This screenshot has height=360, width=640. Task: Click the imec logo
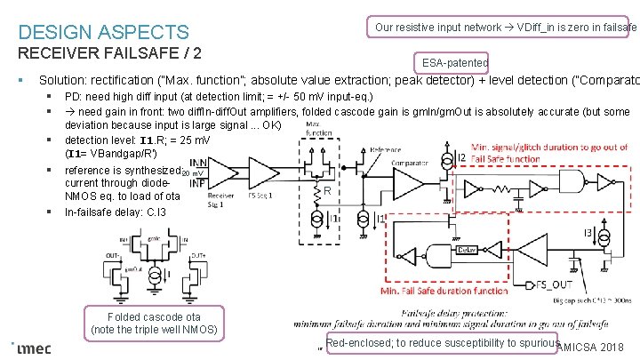click(33, 348)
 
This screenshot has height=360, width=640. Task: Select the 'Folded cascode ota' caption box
click(154, 323)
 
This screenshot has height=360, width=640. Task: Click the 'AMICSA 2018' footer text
click(596, 348)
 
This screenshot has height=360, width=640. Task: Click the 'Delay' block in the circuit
click(468, 250)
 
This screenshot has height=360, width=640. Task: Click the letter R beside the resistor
click(327, 191)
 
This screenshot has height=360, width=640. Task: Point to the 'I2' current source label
click(460, 157)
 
